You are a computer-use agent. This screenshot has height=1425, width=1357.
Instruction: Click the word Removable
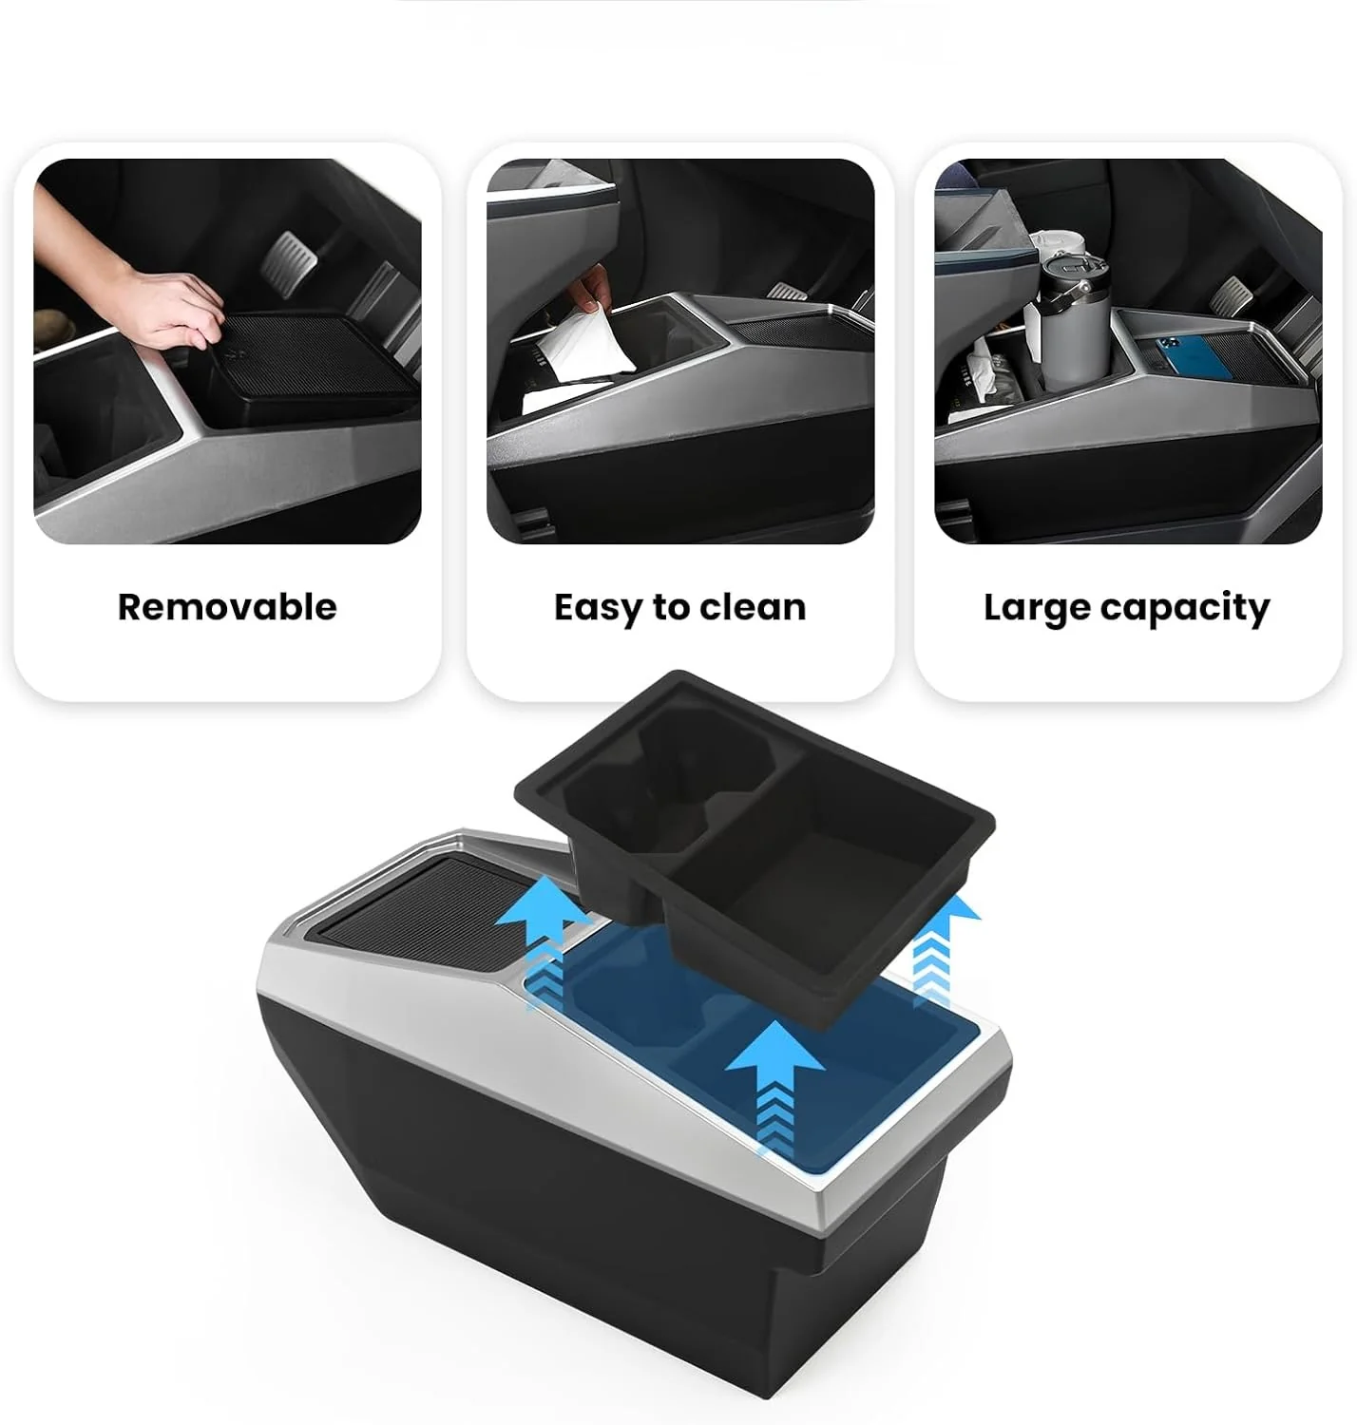click(227, 607)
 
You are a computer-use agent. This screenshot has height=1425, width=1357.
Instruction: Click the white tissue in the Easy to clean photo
click(577, 344)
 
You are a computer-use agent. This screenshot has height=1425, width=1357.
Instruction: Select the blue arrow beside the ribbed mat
click(542, 942)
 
